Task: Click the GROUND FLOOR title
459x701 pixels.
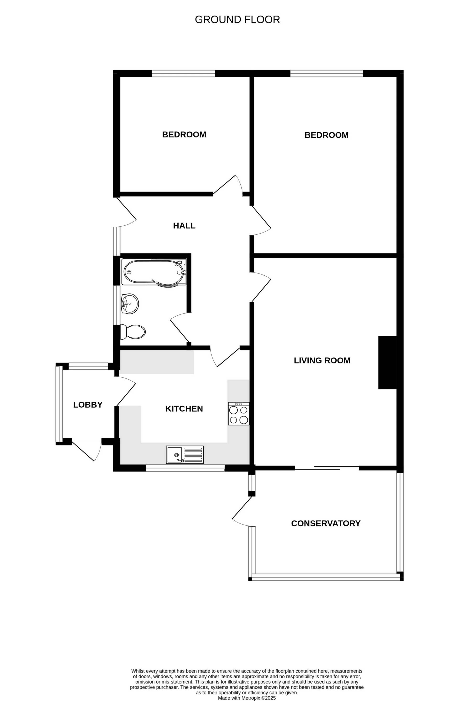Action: (x=237, y=20)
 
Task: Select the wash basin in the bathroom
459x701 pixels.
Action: (x=130, y=303)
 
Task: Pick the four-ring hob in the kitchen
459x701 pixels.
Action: (x=239, y=414)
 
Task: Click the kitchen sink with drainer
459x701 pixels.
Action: (x=185, y=455)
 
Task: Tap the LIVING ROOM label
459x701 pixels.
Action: (x=322, y=361)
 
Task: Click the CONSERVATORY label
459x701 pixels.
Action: (x=325, y=523)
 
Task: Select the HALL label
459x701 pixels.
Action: (x=184, y=226)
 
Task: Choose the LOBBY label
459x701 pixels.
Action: (x=88, y=405)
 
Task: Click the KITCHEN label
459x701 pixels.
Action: (x=184, y=409)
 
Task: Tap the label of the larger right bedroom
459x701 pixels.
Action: (x=326, y=135)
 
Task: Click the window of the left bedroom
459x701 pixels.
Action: (x=183, y=74)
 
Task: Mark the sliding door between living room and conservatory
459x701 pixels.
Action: (x=327, y=468)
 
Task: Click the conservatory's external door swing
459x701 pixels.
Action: (x=243, y=513)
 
